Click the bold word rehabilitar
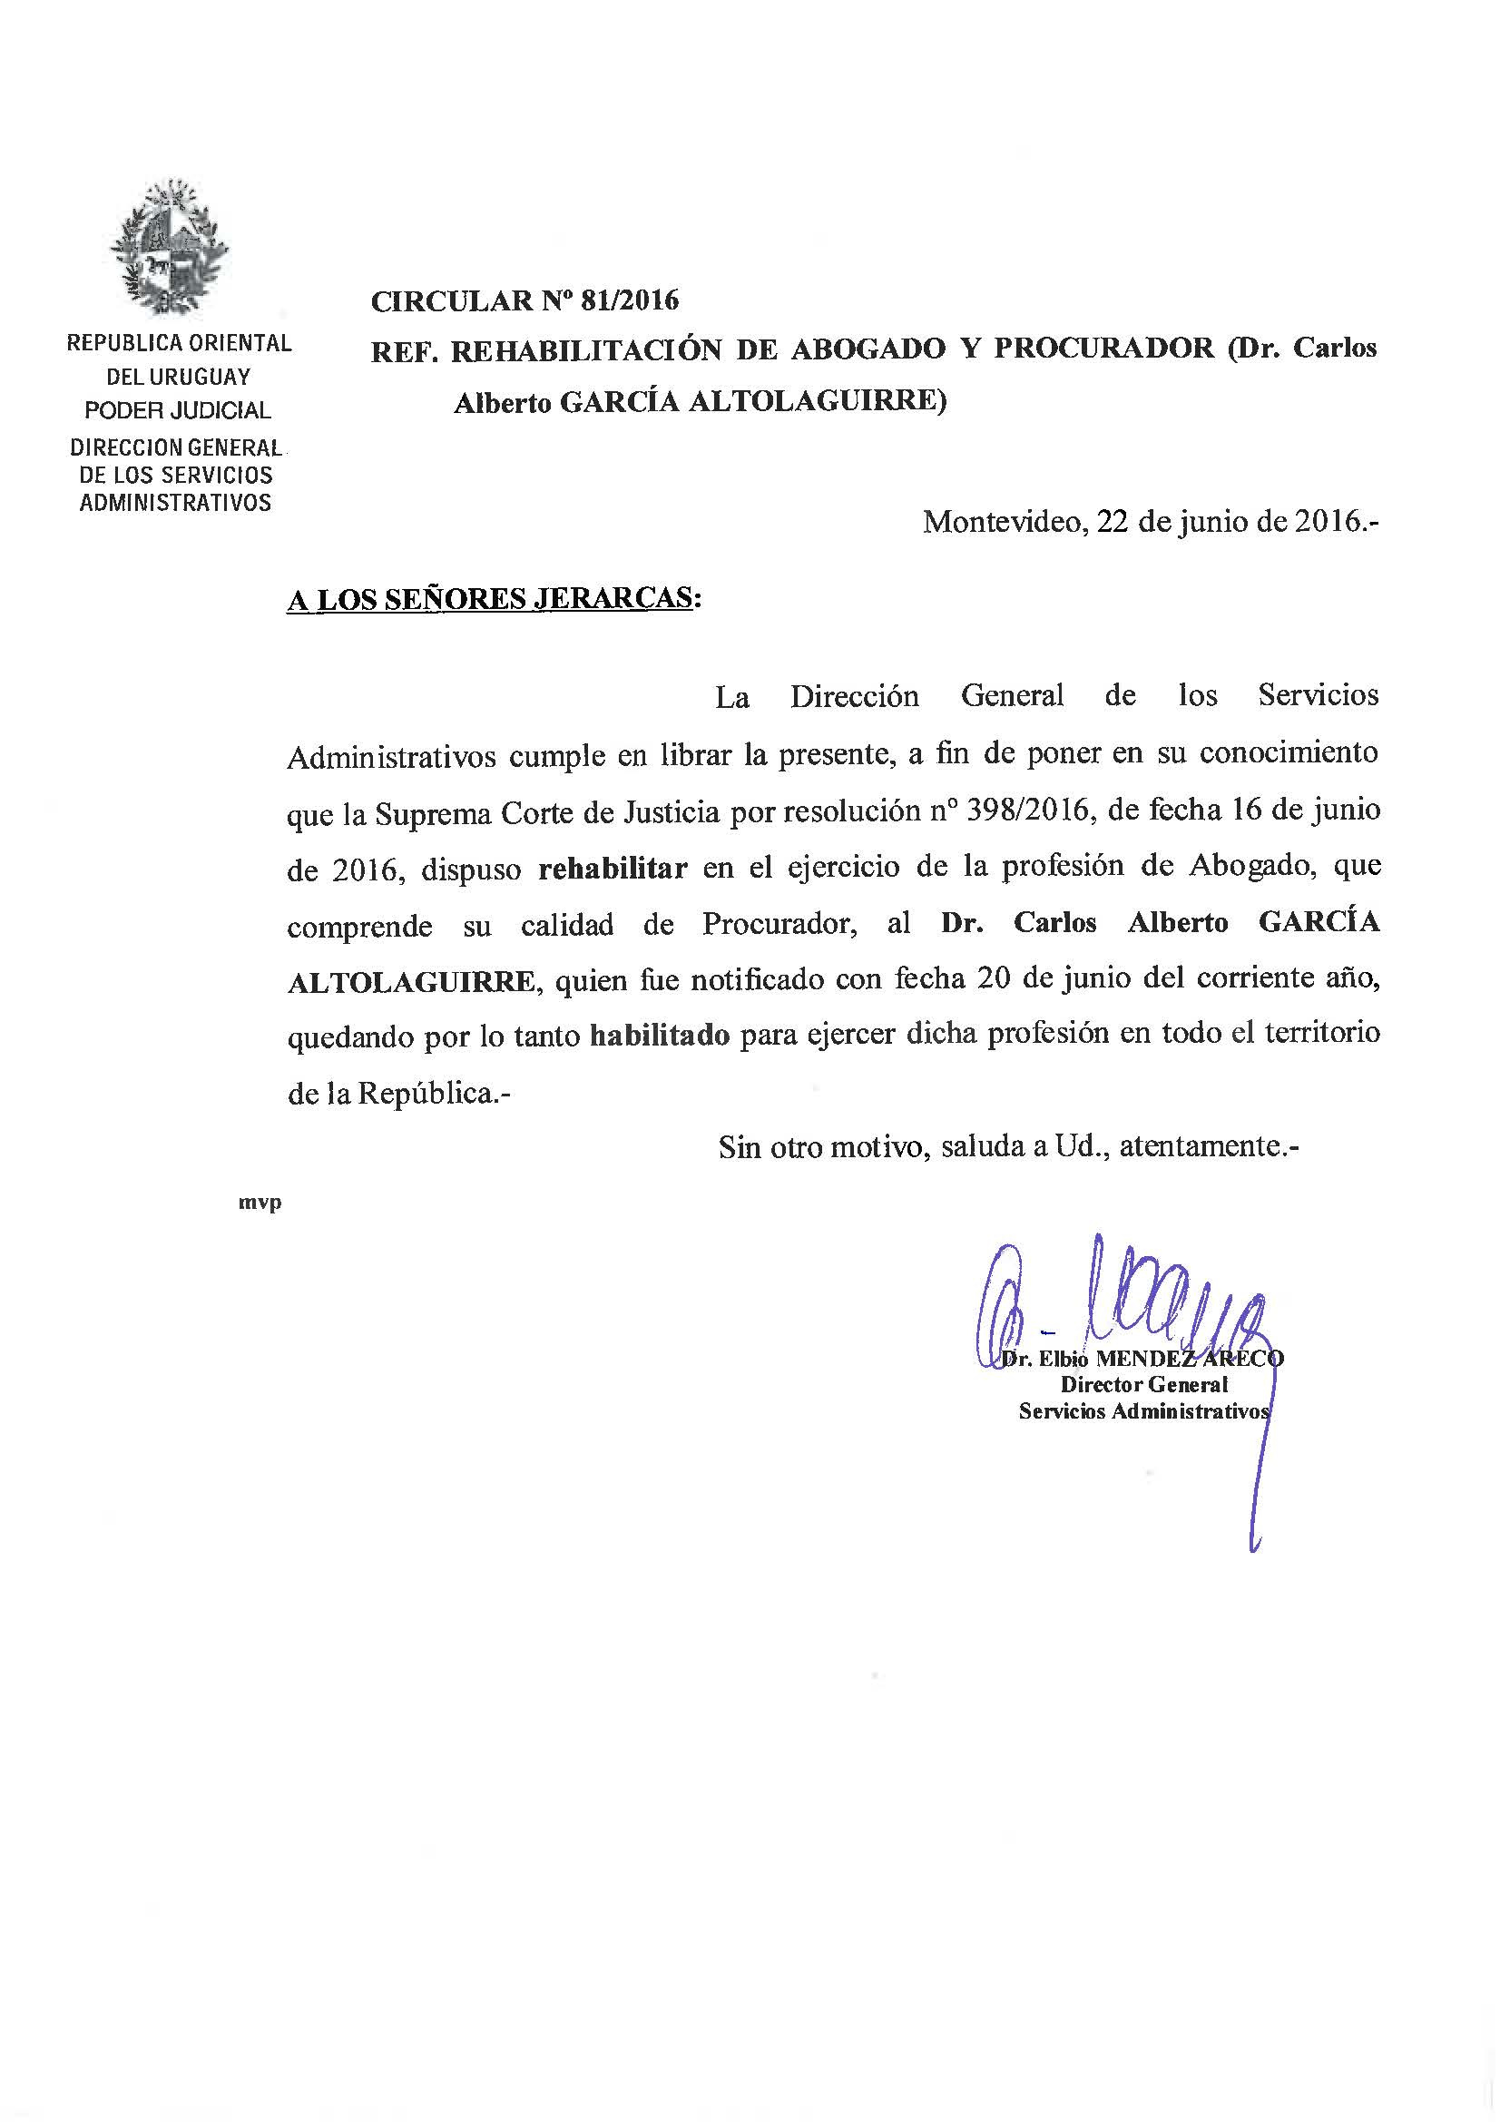(613, 868)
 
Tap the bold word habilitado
(660, 1035)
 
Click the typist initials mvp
(260, 1203)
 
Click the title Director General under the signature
(1144, 1384)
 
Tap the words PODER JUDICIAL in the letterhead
(179, 410)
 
